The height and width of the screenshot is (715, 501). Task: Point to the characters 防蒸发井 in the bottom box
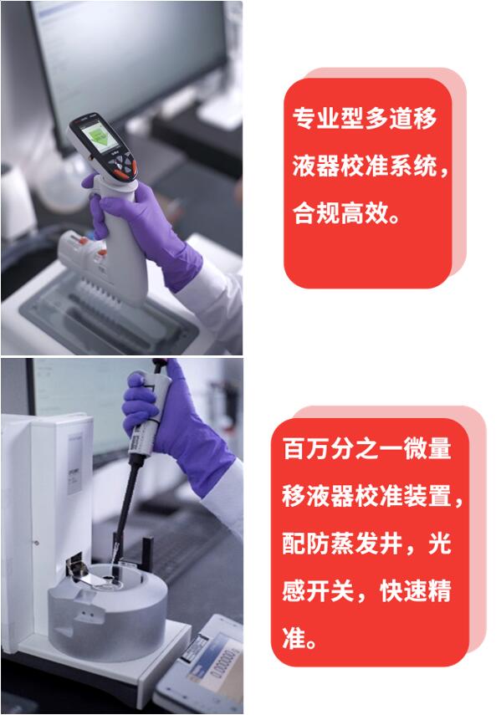click(x=355, y=544)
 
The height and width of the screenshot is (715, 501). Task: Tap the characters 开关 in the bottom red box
click(x=330, y=591)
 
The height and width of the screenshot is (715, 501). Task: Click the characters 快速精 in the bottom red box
click(x=416, y=591)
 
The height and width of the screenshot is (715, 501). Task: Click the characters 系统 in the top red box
click(x=412, y=166)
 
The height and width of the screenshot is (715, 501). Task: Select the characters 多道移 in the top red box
click(x=401, y=119)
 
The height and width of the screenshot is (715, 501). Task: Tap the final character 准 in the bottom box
click(x=294, y=638)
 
